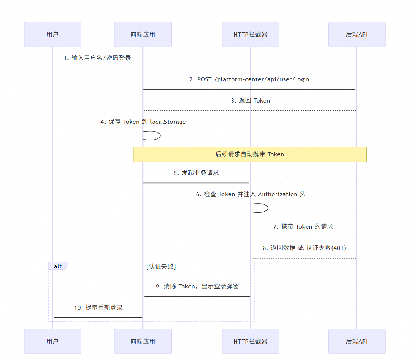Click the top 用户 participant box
(53, 34)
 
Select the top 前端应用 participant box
(143, 34)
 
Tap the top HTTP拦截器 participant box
(251, 34)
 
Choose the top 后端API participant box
(357, 34)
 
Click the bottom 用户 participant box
(53, 341)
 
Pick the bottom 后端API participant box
(357, 341)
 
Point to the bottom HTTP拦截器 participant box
(251, 341)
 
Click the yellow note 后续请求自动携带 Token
(250, 154)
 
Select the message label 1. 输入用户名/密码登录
(97, 58)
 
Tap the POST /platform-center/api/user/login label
(249, 79)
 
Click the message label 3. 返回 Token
(250, 101)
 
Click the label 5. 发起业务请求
(196, 173)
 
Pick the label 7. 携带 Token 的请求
(303, 226)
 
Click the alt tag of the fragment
(58, 266)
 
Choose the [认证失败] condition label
(161, 266)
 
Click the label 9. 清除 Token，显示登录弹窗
(197, 287)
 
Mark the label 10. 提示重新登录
(98, 308)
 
